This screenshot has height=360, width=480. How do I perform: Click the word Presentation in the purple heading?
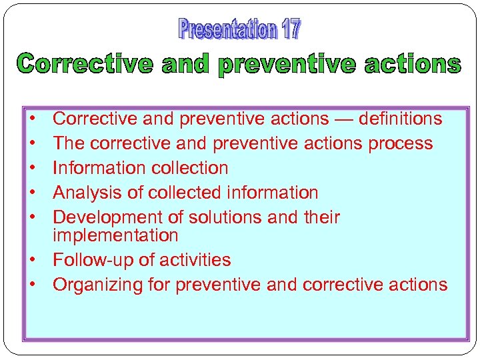[227, 30]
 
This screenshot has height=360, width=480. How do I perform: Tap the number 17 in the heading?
[291, 30]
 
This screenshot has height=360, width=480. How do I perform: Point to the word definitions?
[400, 119]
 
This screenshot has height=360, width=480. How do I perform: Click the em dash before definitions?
[343, 119]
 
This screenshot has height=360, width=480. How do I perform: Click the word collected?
[185, 193]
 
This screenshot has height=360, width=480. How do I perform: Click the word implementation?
[115, 235]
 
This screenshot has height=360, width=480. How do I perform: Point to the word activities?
[198, 260]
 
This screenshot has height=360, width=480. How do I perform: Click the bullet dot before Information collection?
[32, 169]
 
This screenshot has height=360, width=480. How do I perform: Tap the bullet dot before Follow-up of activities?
[32, 261]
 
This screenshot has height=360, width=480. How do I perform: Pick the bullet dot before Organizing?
[32, 285]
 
